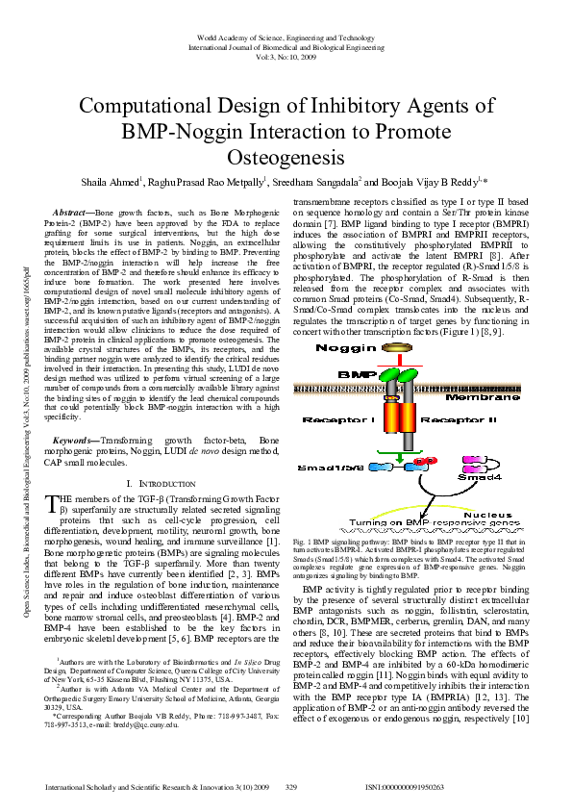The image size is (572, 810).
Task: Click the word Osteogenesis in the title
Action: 286,155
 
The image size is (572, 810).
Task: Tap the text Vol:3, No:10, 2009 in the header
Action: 286,57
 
